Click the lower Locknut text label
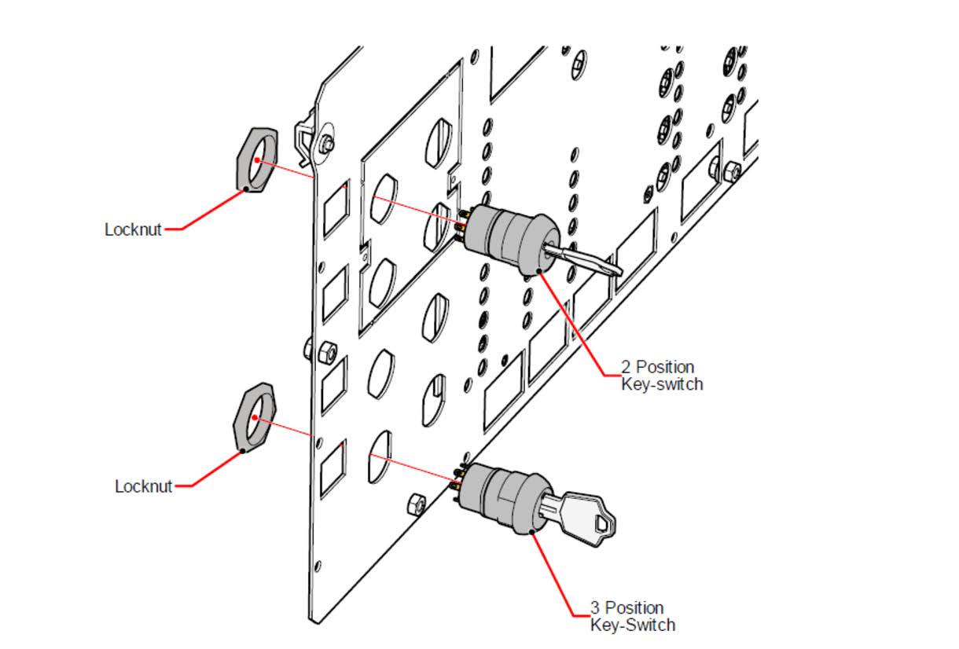point(143,486)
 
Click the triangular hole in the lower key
point(604,522)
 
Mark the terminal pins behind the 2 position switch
point(462,221)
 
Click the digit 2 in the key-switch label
point(626,367)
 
